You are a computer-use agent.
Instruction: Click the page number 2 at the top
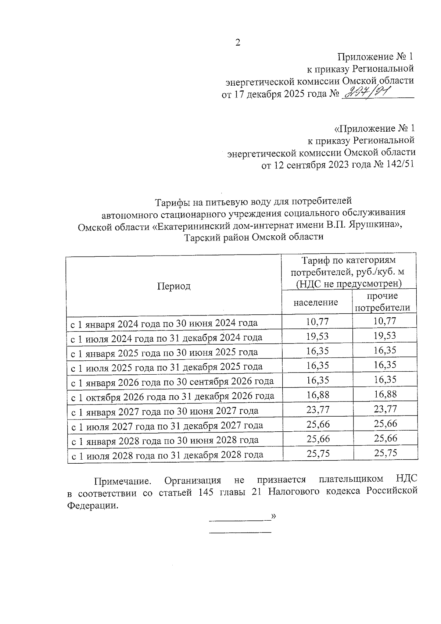pos(237,43)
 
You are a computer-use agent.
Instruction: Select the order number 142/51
pos(400,164)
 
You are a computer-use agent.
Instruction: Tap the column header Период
pos(174,286)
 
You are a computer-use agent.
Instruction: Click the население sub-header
pos(316,302)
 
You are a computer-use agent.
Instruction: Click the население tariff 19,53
pos(318,336)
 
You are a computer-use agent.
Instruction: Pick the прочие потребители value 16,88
pos(385,395)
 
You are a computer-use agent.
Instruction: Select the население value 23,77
pos(318,409)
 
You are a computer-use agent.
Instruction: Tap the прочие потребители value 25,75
pos(386,453)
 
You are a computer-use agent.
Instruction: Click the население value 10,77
pos(318,321)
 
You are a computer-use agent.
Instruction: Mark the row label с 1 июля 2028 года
pos(167,455)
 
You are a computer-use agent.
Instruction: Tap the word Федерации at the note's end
pos(93,505)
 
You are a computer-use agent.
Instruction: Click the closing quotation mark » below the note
pos(273,516)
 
